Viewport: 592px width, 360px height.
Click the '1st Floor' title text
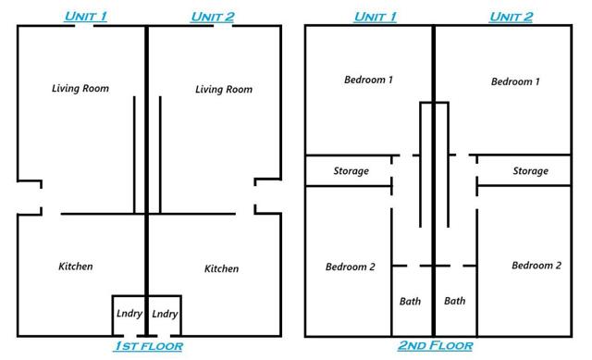(x=148, y=346)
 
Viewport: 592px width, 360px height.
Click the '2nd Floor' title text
(x=436, y=345)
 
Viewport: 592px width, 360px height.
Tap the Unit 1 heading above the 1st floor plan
(x=86, y=17)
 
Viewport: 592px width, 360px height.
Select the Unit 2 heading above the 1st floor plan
(x=213, y=17)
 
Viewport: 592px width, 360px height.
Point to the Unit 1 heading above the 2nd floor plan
(x=376, y=17)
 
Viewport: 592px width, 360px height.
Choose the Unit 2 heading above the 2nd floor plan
(x=512, y=17)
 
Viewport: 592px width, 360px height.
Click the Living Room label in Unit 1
(x=80, y=89)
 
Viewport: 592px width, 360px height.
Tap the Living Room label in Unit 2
(x=224, y=90)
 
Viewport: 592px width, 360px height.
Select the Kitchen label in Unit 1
(x=76, y=267)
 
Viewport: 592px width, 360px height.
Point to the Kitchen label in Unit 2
(x=222, y=268)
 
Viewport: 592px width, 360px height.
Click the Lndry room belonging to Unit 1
(x=129, y=316)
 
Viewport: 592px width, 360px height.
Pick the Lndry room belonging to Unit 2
(x=165, y=316)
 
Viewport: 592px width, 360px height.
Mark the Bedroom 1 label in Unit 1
(x=368, y=80)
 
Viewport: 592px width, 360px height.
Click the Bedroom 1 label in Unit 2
(x=515, y=81)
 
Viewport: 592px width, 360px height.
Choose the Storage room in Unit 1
(x=349, y=170)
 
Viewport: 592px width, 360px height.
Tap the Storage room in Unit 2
(x=524, y=170)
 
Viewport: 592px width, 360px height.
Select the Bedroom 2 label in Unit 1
(x=351, y=267)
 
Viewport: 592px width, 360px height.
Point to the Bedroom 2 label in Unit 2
(x=536, y=266)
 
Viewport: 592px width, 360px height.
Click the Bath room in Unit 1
(x=412, y=301)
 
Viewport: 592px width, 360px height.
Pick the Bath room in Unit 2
(x=456, y=301)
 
